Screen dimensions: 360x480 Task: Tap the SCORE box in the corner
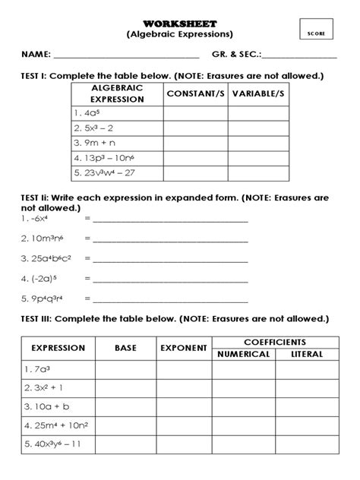tap(316, 33)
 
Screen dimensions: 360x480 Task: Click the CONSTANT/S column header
tap(195, 93)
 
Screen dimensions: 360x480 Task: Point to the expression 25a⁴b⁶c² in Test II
tap(48, 258)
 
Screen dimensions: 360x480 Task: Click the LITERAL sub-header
tap(307, 354)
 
